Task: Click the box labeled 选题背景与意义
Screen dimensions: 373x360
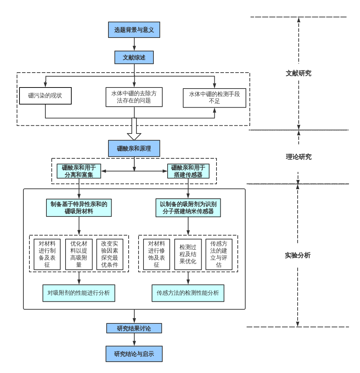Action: [134, 30]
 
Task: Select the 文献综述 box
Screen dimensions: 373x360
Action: [134, 57]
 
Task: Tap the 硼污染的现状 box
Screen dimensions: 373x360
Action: [45, 96]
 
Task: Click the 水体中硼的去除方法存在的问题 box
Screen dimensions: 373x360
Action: [134, 97]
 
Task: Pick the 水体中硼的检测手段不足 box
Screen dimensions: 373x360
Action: [214, 98]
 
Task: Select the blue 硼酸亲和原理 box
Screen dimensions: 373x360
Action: [134, 148]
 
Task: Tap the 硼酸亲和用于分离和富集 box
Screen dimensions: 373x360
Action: [79, 171]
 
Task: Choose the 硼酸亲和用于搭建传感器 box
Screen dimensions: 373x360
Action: [188, 171]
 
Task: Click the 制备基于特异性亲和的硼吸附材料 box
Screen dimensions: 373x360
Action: [79, 208]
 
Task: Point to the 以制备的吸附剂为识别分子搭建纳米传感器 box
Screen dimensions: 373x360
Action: [188, 208]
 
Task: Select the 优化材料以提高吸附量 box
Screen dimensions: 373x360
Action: [79, 254]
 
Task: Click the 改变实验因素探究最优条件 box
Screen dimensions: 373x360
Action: [110, 254]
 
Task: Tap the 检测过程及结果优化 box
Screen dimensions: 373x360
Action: [188, 254]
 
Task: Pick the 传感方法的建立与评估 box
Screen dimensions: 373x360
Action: [219, 254]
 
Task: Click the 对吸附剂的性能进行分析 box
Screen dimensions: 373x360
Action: [79, 293]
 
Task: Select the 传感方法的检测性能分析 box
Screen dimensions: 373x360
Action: [188, 293]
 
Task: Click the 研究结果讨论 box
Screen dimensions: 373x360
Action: [134, 328]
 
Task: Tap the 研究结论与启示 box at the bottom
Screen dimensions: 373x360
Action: [134, 354]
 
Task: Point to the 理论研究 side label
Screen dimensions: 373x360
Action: [298, 157]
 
